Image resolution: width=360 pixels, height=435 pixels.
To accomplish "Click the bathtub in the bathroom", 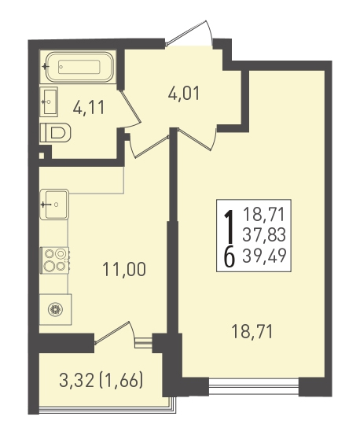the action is coord(79,67).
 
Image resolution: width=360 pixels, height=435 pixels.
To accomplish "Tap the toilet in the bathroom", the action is coord(56,133).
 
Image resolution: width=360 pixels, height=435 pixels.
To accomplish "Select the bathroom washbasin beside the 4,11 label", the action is coord(49,101).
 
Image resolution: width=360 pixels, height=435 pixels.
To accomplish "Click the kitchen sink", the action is coord(54,205).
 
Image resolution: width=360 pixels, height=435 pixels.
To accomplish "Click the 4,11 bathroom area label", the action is coord(89,107).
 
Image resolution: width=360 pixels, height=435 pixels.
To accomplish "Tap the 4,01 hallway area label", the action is coord(184,93).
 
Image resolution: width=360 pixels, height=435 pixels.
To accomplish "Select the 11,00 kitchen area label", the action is coord(124,269).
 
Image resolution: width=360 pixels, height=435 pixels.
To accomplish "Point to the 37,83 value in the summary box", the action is coord(264,234).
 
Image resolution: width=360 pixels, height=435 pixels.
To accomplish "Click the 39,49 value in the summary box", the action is coord(264,255).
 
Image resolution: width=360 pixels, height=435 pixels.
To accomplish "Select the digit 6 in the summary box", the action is coord(230,258).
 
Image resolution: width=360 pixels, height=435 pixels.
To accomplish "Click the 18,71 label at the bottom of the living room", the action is coord(252,332).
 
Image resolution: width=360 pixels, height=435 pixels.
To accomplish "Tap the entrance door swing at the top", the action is coord(191,32).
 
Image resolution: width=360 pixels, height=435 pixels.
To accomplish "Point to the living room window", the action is coord(254,386).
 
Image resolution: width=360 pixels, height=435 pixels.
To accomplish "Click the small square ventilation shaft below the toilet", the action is coord(42,156).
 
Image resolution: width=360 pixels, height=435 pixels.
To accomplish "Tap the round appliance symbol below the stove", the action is coord(56,309).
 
